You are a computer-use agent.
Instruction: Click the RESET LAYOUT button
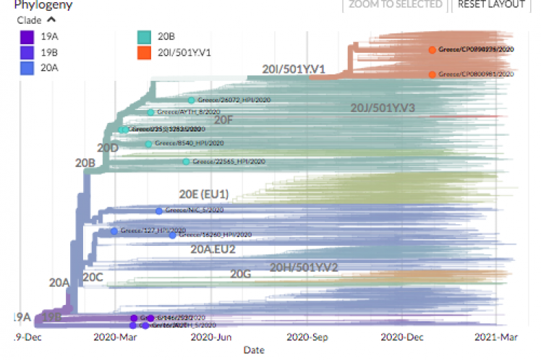point(491,4)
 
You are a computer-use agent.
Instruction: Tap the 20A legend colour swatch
point(26,69)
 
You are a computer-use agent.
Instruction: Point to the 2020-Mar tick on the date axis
point(116,336)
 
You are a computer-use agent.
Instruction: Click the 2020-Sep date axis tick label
point(308,336)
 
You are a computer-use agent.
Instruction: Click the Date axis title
point(253,350)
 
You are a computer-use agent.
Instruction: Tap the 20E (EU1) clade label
point(204,194)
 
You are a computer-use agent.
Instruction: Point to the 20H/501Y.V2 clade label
point(304,267)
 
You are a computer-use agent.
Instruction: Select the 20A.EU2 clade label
point(213,249)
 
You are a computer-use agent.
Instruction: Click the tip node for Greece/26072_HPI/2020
point(191,100)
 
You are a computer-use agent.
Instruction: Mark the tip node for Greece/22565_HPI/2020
point(186,162)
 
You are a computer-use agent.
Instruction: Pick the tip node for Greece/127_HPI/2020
point(114,231)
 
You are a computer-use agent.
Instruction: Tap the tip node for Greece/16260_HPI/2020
point(172,235)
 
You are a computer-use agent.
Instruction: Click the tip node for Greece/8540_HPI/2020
point(148,144)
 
